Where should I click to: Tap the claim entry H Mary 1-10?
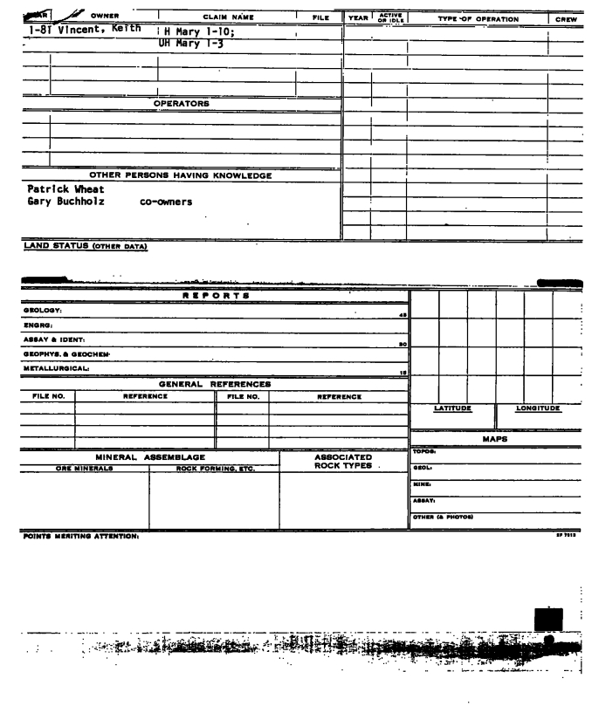pos(196,31)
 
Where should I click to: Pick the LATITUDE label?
pos(451,408)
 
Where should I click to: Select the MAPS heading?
pos(496,439)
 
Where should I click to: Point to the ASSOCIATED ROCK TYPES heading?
pos(342,462)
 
